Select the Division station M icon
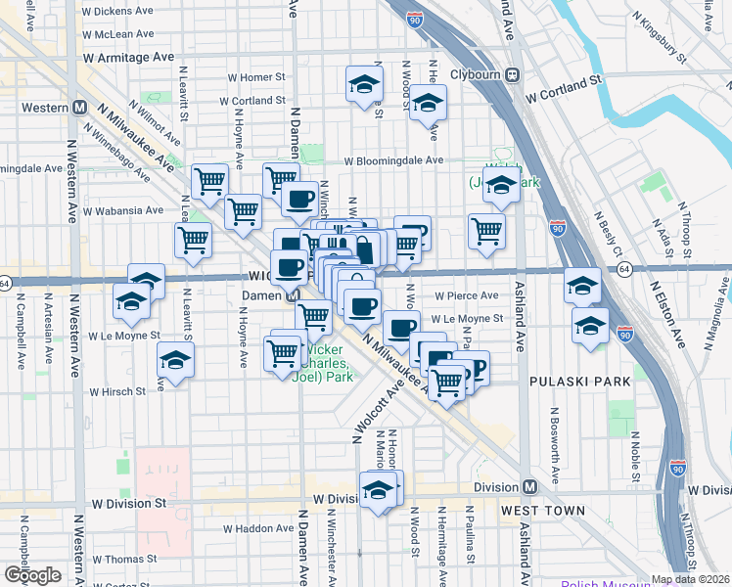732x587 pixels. (x=529, y=487)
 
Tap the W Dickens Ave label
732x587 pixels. (x=118, y=11)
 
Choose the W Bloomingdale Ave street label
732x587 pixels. (x=392, y=160)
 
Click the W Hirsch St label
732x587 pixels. (x=117, y=391)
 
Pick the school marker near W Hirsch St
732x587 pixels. (x=176, y=362)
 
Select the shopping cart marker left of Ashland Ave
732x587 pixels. (x=486, y=232)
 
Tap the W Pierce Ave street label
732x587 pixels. (x=467, y=294)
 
